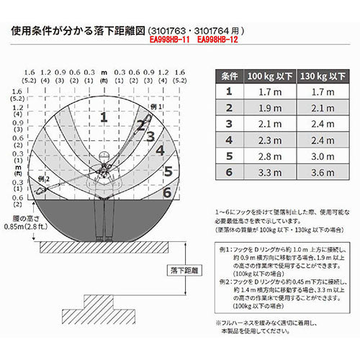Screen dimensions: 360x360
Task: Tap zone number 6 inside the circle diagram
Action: [x=167, y=192]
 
